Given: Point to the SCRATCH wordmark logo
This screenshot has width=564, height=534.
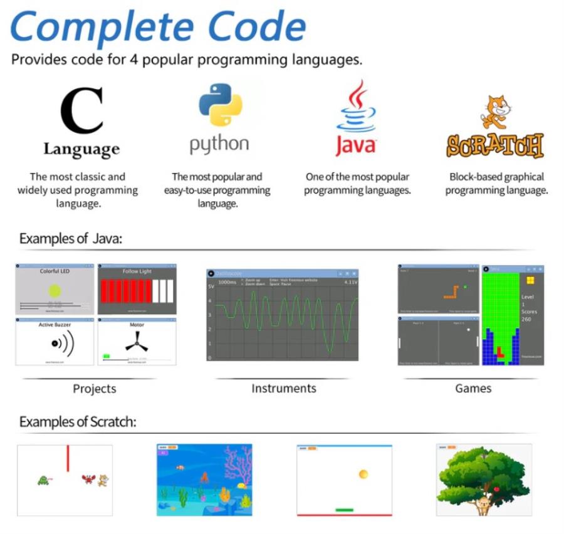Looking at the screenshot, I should tap(494, 145).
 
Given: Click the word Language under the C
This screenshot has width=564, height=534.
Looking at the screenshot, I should tap(81, 149).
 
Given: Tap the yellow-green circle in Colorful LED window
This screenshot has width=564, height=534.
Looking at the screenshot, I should tap(55, 291).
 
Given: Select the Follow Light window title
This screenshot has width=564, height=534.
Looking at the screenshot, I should tap(137, 271).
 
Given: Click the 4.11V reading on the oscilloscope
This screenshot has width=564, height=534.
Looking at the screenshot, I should tap(350, 283).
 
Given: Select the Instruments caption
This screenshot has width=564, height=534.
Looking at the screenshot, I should tap(283, 389).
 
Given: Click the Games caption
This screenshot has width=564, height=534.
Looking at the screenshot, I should tap(473, 389).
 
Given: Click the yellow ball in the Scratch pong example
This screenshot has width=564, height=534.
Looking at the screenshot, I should tap(363, 474).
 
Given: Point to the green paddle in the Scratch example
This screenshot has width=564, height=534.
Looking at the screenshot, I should tap(344, 510).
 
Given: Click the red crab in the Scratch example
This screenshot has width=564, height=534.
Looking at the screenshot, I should tap(88, 480).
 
